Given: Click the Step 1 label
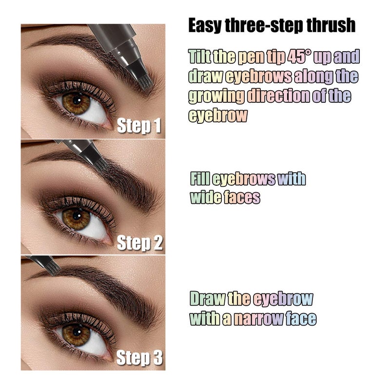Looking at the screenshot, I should [139, 126].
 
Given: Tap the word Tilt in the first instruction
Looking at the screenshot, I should [200, 57].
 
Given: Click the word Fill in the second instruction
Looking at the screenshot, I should [200, 179].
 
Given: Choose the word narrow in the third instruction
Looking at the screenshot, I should [258, 319].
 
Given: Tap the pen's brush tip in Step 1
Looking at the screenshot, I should [145, 83].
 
